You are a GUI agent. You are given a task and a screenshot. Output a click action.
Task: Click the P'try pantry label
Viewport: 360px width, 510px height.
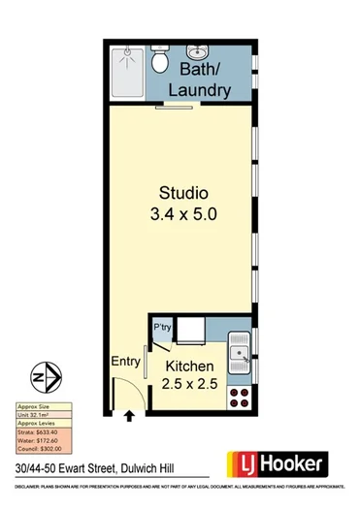(x=162, y=330)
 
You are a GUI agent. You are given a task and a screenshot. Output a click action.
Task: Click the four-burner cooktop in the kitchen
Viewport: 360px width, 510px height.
(x=238, y=397)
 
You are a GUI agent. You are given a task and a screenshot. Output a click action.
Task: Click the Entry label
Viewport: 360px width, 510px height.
(x=126, y=361)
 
